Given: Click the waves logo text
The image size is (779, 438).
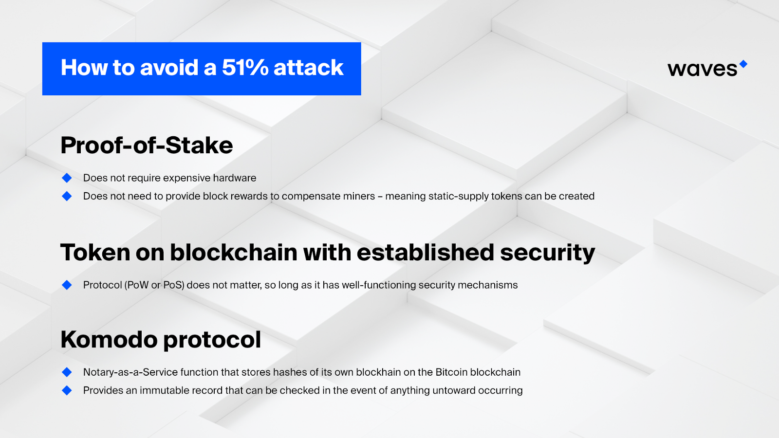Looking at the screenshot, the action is tap(702, 69).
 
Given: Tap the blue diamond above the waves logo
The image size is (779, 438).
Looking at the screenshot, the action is tap(743, 64).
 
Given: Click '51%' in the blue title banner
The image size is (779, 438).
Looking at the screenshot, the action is tap(245, 67).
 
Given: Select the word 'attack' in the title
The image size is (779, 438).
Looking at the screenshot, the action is tap(309, 68).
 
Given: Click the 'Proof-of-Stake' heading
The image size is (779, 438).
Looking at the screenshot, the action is tap(147, 146).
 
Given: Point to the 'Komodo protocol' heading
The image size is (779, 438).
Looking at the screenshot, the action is tap(161, 340).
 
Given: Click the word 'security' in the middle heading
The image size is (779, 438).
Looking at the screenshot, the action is tap(547, 253).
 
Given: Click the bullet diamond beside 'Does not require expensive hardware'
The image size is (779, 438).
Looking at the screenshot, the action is tap(67, 178).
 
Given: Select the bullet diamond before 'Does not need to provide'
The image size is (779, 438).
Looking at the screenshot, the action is tap(67, 196).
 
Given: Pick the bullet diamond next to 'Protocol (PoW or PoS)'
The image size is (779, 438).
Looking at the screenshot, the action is tap(67, 285).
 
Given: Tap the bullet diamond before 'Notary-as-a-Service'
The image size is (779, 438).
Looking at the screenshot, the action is tap(67, 372).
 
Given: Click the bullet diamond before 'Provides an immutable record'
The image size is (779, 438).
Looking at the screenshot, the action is tap(67, 390).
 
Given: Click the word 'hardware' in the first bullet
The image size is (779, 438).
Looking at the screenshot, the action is tap(235, 178).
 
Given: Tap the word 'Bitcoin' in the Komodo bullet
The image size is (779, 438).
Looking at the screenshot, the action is tap(451, 372).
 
